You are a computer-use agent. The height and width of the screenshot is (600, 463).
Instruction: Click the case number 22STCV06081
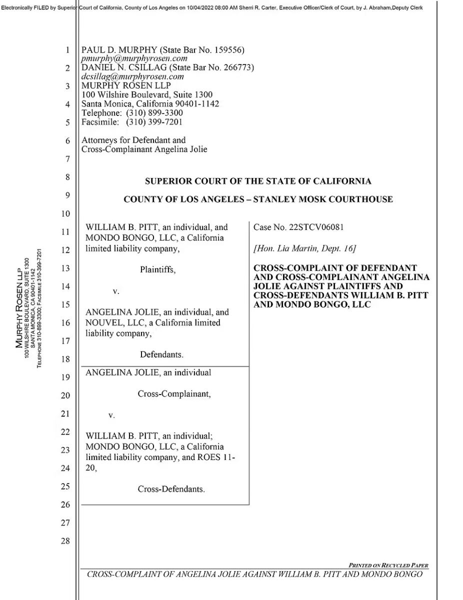[315, 227]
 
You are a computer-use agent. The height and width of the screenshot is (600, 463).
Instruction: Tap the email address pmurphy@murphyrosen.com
[134, 58]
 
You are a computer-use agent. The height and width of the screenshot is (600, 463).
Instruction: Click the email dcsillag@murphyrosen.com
[132, 77]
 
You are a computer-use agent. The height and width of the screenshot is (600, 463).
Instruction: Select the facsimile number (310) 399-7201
[154, 122]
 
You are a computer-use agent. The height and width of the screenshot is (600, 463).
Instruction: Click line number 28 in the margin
[65, 541]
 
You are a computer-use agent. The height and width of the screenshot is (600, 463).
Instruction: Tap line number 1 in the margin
[67, 50]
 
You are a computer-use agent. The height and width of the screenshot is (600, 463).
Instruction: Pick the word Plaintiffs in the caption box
[158, 269]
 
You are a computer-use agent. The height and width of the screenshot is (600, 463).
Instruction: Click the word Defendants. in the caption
[161, 355]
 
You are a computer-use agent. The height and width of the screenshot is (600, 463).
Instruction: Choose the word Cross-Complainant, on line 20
[174, 394]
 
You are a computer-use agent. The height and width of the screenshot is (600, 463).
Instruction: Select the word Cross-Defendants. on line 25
[171, 489]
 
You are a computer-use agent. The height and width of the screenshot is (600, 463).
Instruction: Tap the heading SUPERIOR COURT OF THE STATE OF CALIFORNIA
[258, 181]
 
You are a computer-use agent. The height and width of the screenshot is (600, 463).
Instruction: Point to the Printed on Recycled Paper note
[388, 565]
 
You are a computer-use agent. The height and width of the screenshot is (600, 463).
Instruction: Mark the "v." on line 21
[111, 415]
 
